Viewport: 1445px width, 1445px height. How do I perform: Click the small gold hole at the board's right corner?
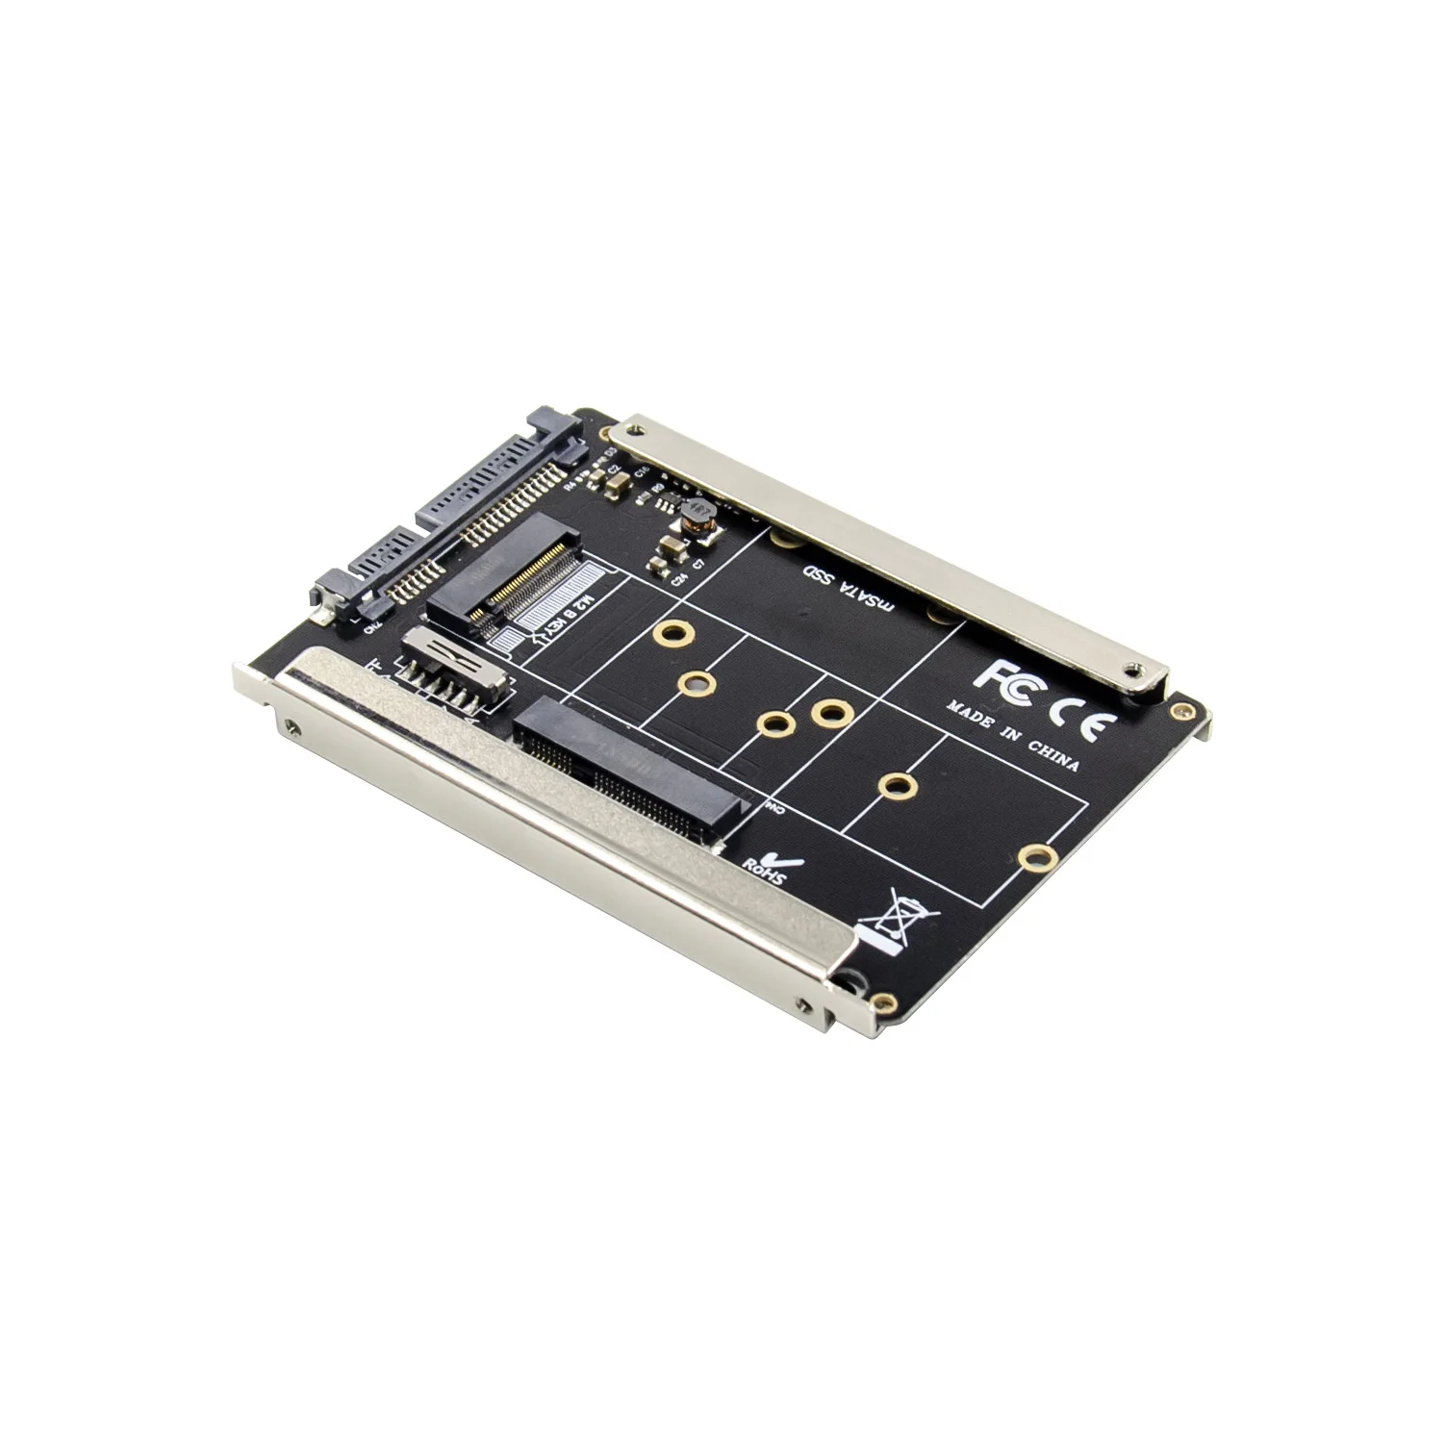1178,709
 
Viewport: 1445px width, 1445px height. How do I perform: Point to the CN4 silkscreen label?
774,808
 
